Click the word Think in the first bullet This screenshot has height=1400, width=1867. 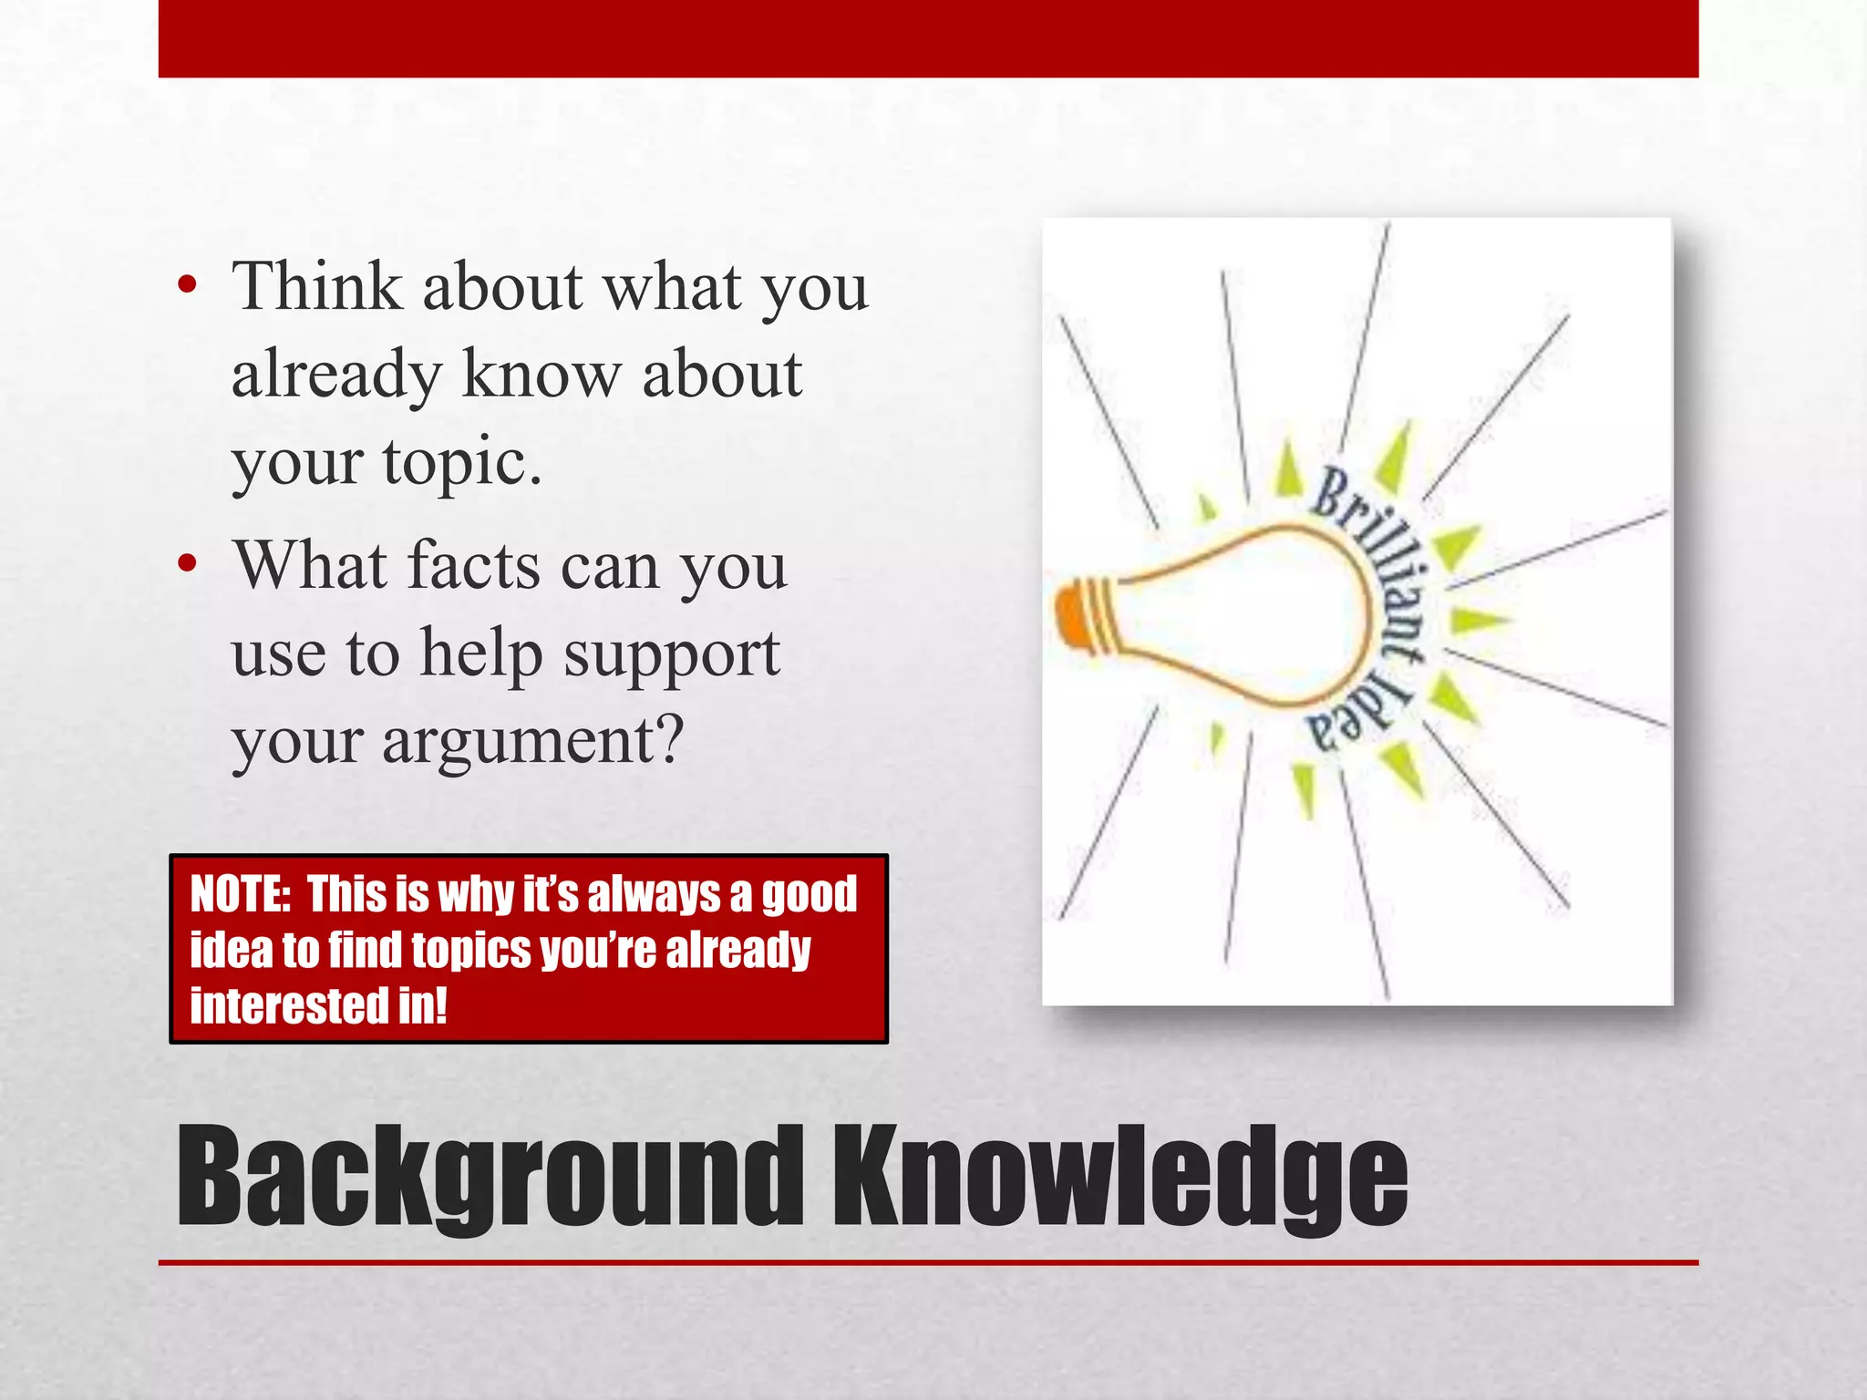[x=317, y=287]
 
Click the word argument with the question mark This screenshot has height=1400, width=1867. [x=532, y=740]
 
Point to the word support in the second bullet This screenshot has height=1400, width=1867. [x=671, y=654]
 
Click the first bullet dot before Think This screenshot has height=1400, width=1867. [x=188, y=286]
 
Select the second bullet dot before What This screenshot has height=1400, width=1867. [x=188, y=564]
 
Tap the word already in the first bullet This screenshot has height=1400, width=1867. [x=335, y=376]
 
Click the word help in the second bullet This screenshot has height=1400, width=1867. [x=480, y=653]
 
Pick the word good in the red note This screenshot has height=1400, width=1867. [x=809, y=894]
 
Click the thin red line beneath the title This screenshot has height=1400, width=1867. [x=928, y=1262]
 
